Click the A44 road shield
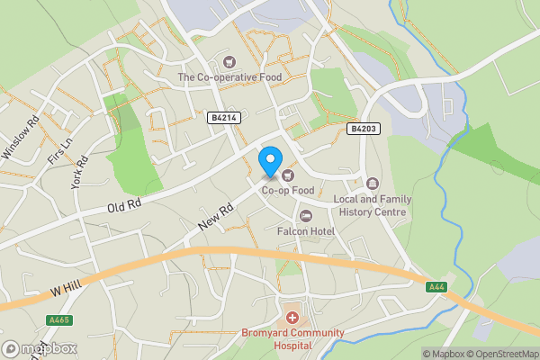pyautogui.click(x=436, y=286)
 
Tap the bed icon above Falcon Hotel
pyautogui.click(x=306, y=216)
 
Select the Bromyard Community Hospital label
pyautogui.click(x=292, y=338)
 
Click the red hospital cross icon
pyautogui.click(x=292, y=319)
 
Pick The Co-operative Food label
pyautogui.click(x=229, y=77)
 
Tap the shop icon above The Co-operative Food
pyautogui.click(x=229, y=62)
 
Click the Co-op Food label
pyautogui.click(x=288, y=190)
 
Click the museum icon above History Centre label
pyautogui.click(x=373, y=184)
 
